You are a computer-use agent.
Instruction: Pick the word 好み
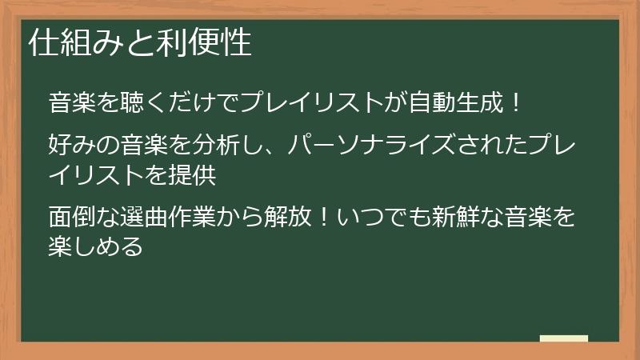[x=74, y=146]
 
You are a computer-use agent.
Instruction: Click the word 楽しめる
[x=96, y=245]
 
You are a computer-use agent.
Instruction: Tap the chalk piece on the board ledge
[x=563, y=338]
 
